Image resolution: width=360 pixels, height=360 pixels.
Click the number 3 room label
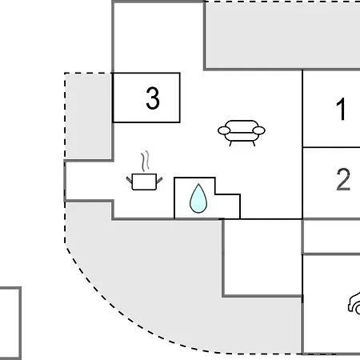[x=153, y=98]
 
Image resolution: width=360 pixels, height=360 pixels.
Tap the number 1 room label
[x=341, y=109]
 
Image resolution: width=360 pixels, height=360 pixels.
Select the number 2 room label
[x=343, y=179]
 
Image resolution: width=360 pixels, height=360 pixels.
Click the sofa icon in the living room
[x=242, y=133]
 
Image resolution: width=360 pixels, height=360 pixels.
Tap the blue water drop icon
[x=198, y=198]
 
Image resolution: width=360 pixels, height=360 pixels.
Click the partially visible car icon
[x=354, y=303]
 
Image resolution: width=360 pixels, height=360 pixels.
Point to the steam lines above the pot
[x=145, y=161]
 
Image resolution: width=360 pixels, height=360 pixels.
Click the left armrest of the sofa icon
[x=224, y=130]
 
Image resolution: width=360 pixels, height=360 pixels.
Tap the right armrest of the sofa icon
[x=258, y=130]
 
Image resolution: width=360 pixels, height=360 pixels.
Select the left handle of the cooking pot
[x=129, y=180]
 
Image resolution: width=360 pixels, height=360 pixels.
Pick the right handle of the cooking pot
[x=159, y=180]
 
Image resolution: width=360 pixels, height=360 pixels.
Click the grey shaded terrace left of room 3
[x=88, y=116]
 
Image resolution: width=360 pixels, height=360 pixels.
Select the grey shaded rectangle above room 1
[x=282, y=35]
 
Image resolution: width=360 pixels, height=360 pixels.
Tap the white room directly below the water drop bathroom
[x=262, y=258]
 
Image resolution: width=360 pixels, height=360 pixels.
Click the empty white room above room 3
[x=158, y=38]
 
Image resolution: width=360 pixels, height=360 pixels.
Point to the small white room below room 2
[x=331, y=237]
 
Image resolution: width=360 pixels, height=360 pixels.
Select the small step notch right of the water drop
[x=227, y=206]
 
